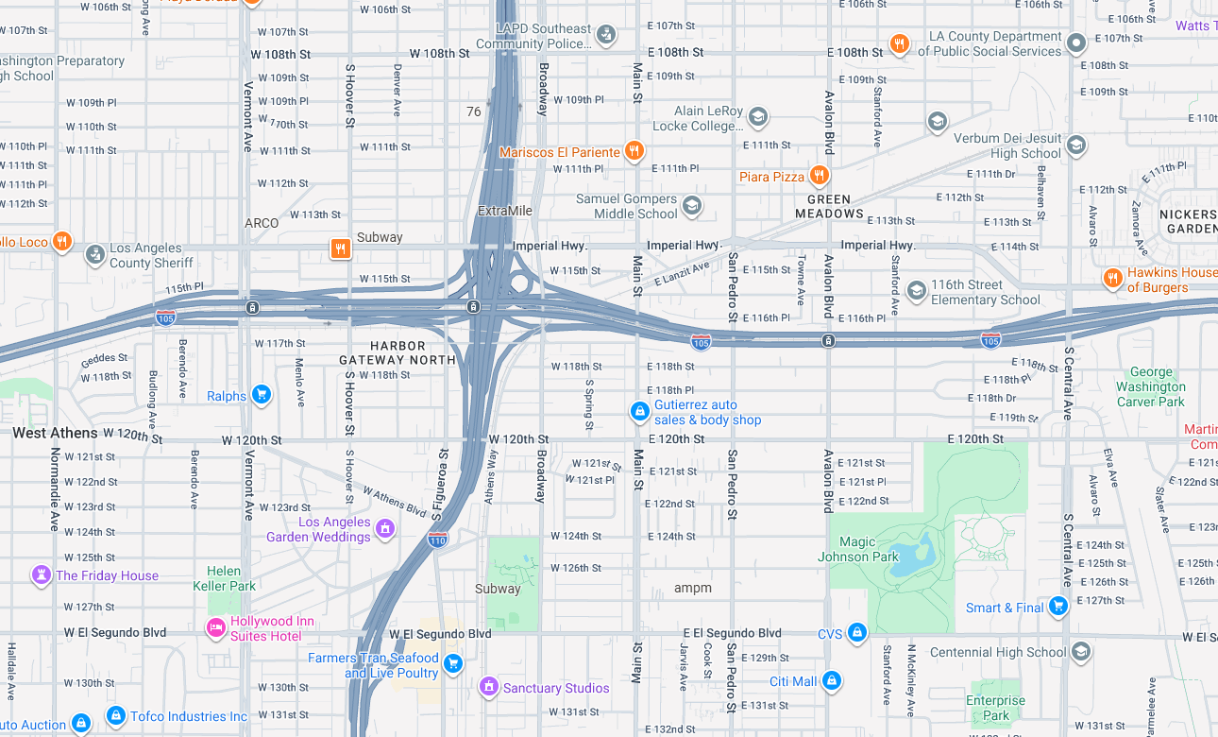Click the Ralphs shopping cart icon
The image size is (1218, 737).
tap(262, 395)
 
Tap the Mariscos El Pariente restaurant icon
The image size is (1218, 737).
tap(634, 151)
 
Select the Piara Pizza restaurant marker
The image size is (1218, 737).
tap(820, 176)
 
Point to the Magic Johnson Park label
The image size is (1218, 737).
tap(857, 549)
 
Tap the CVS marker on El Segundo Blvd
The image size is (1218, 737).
tap(856, 632)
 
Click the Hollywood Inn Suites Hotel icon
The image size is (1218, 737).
tap(216, 627)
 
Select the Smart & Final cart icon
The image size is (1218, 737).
tap(1058, 607)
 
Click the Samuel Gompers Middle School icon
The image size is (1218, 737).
tap(692, 206)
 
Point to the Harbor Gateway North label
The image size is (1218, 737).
tap(398, 352)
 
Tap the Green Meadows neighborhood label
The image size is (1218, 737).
tap(829, 206)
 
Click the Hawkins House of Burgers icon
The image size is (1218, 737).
tap(1113, 279)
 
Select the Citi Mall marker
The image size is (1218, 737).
tap(832, 680)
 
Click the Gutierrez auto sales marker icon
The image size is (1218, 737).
tap(640, 411)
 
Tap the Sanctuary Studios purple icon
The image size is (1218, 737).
tap(489, 687)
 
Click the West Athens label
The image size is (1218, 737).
tap(55, 433)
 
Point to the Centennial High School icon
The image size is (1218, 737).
tap(1082, 651)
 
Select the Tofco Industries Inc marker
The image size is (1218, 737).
tap(116, 715)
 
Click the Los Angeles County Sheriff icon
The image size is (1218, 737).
tap(95, 254)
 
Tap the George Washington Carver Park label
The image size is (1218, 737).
tap(1150, 386)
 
